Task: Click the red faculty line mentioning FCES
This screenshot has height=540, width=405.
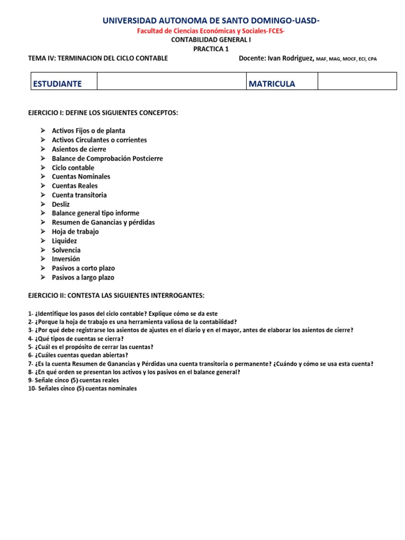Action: [x=210, y=31]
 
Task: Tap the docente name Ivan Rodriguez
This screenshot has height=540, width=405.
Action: [x=291, y=58]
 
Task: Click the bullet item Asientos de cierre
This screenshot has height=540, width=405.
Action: [x=79, y=149]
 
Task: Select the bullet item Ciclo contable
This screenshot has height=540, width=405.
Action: [x=73, y=168]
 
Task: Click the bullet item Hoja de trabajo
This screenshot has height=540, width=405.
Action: [x=75, y=232]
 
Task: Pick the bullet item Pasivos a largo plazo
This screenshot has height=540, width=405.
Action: [x=83, y=277]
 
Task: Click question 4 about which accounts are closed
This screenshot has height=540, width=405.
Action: [x=76, y=339]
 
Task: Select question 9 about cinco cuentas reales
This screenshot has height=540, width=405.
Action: [x=73, y=380]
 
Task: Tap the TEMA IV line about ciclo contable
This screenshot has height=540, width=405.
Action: [x=98, y=58]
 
